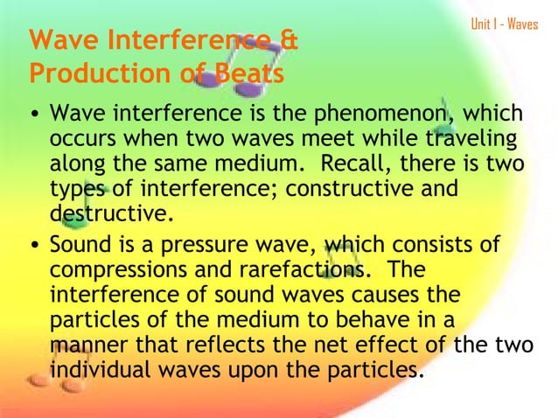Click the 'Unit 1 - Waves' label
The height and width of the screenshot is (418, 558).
tap(504, 24)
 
